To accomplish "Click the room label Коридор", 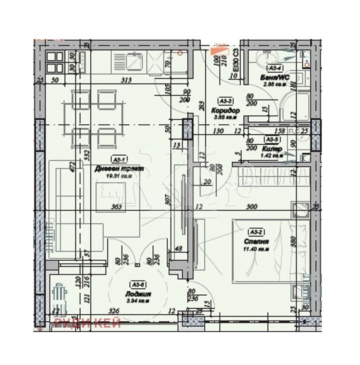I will [225, 111].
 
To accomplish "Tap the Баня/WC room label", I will [274, 77].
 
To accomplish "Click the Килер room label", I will [272, 148].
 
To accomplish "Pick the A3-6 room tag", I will [138, 285].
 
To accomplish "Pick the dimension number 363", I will [116, 207].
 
